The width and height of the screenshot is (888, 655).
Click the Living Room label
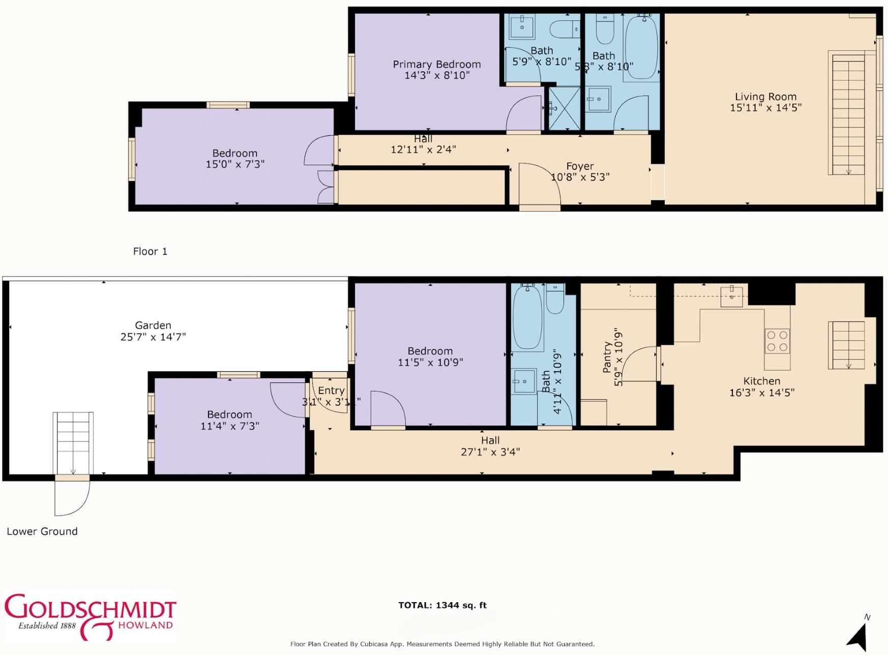tap(765, 97)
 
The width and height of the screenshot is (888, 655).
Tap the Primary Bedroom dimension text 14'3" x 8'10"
tap(436, 75)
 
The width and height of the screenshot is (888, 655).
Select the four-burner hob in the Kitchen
tap(777, 341)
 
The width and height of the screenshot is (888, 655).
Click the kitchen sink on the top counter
tap(731, 296)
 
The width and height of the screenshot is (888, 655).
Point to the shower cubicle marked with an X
tap(564, 108)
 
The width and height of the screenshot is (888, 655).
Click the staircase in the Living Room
tap(848, 115)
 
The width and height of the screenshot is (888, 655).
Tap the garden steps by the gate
tap(73, 442)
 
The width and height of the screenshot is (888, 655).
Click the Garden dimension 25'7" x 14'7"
tap(153, 337)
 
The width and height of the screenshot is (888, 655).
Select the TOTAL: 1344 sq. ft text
tap(442, 605)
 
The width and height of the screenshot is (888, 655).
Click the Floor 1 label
tap(150, 251)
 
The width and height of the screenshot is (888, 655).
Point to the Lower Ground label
tap(42, 531)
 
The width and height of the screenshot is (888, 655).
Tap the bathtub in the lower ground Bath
tap(527, 317)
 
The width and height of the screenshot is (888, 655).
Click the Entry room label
tap(331, 391)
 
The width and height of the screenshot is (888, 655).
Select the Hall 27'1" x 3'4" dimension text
tap(490, 452)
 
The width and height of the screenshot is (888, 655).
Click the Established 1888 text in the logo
tap(47, 626)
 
